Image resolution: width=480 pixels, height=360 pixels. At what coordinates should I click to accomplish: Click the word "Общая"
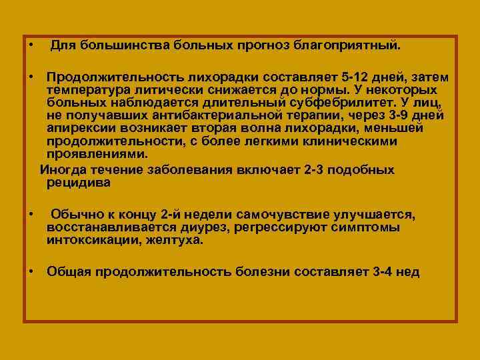coord(69,271)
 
